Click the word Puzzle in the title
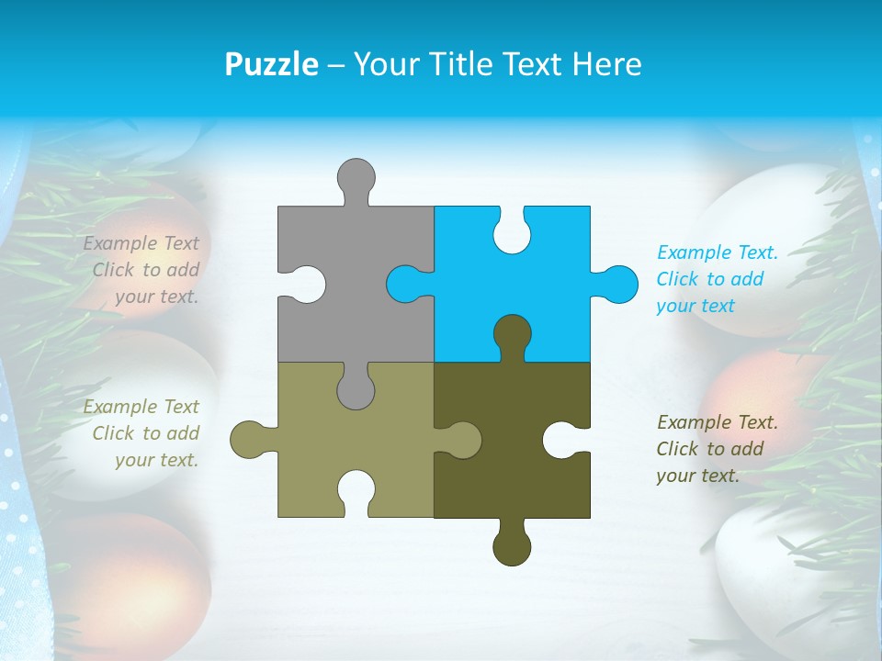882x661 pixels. (271, 64)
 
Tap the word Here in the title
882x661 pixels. (607, 64)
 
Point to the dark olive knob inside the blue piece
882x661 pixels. (512, 334)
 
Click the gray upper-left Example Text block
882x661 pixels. (142, 270)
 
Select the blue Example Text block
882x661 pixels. (717, 279)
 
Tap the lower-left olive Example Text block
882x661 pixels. (142, 433)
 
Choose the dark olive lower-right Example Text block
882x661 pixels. (717, 449)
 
